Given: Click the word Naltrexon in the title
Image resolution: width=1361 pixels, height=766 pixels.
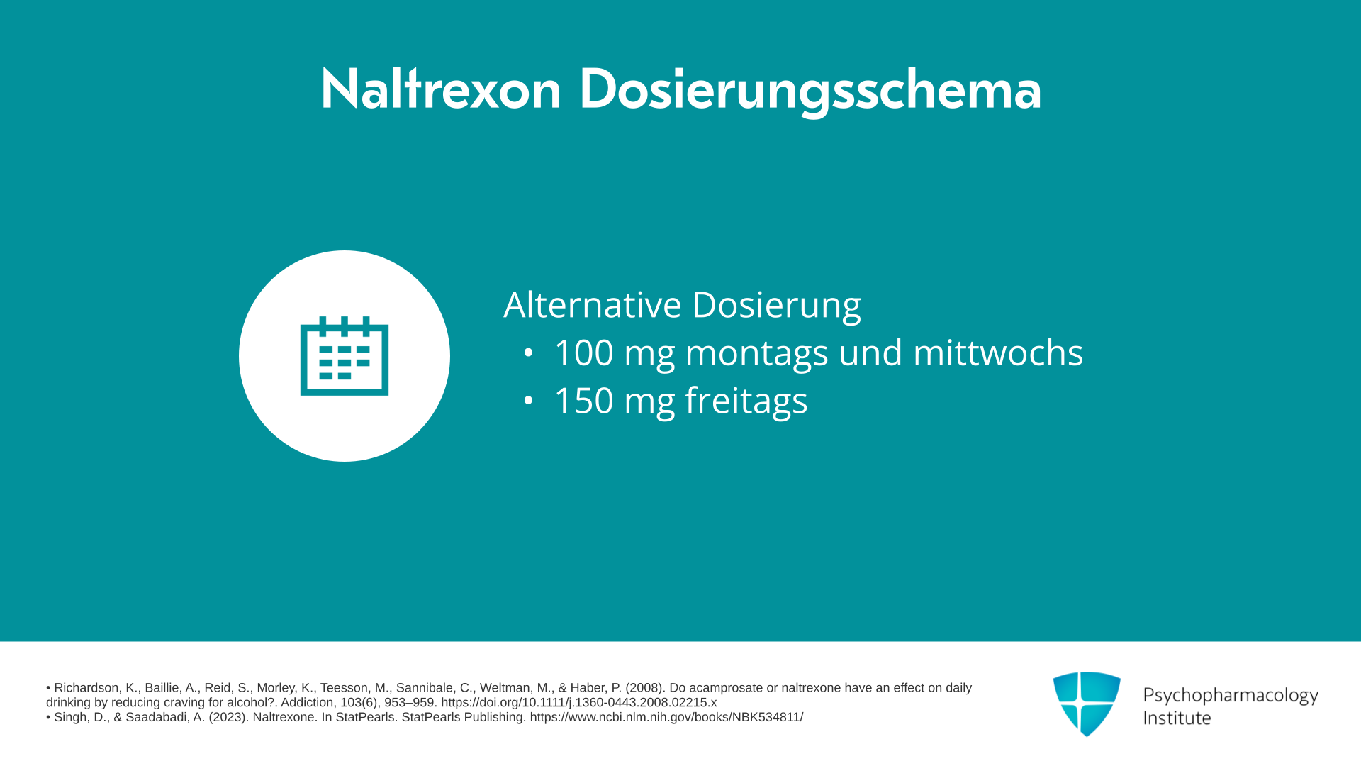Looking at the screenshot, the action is pos(441,89).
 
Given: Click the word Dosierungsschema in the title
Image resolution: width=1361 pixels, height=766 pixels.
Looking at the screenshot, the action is pos(810,91).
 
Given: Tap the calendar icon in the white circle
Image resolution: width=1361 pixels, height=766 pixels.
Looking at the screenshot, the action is pos(345,355).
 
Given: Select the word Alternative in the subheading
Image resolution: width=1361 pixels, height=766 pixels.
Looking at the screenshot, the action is pos(593,304).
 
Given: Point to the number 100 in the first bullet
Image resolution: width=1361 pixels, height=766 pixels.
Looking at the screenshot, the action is pos(583,353).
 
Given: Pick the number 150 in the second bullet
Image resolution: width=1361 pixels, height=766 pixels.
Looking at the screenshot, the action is pos(583,400).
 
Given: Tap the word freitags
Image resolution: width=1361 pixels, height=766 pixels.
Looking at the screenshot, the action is pos(746,401).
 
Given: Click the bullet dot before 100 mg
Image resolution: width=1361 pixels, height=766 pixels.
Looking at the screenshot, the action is pos(528,353).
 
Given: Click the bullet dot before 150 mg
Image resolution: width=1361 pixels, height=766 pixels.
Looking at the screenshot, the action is pos(528,400).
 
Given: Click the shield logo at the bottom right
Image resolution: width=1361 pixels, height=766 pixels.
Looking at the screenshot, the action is pos(1087,704).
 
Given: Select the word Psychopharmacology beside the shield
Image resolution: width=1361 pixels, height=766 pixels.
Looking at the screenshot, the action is pos(1231,696).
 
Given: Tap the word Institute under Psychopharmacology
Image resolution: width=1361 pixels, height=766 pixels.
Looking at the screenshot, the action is pos(1177,718).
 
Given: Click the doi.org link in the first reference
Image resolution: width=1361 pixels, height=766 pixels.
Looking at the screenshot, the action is pos(578,702).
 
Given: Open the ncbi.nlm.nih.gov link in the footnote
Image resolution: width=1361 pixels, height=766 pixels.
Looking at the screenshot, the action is pos(666,717).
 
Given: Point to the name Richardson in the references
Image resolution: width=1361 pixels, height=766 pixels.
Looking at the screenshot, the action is pos(86,688).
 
